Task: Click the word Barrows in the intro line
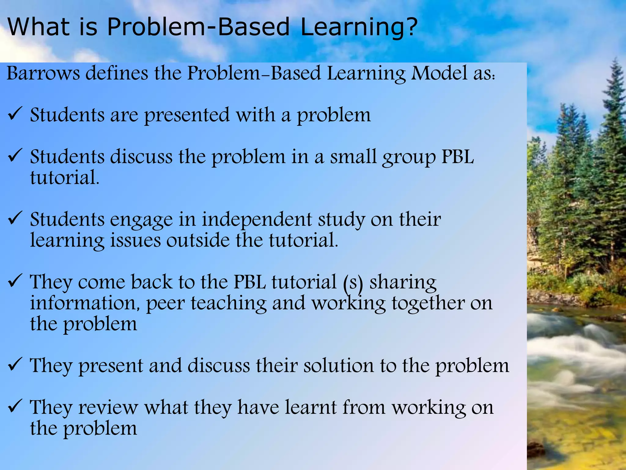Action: tap(43, 73)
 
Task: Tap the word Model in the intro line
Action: tap(439, 73)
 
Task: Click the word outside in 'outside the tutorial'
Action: tap(198, 240)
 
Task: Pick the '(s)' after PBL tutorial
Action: tap(353, 283)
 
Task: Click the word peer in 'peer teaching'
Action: tap(165, 304)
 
